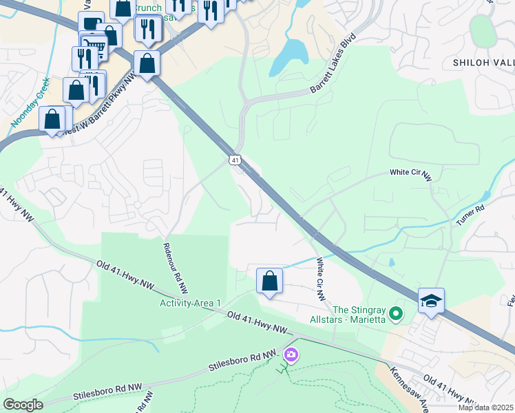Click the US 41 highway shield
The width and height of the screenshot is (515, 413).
(x=235, y=160)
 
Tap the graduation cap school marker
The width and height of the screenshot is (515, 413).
(x=431, y=301)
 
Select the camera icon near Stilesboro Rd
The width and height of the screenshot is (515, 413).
(x=291, y=354)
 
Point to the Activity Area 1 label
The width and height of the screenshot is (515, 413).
(x=191, y=303)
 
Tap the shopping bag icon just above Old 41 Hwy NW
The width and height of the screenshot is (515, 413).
(x=269, y=281)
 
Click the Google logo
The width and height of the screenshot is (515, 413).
(x=23, y=405)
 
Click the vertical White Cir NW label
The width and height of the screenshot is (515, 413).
(x=320, y=279)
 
